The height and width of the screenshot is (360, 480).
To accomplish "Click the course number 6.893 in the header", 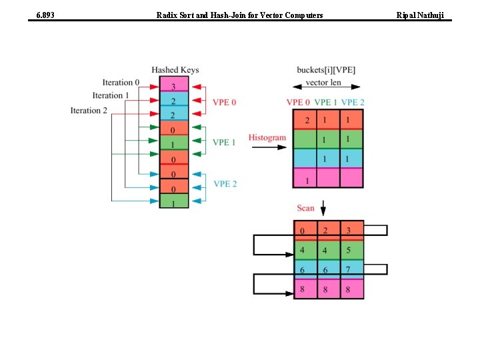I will [x=45, y=14].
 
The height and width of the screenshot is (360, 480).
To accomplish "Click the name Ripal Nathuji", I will [x=423, y=14].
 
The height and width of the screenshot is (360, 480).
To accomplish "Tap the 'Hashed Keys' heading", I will [x=175, y=70].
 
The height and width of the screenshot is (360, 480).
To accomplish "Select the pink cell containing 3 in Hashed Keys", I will [x=174, y=85].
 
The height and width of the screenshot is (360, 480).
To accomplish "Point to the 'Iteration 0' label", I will [x=121, y=83].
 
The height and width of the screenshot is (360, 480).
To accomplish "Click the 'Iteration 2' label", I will [x=89, y=110].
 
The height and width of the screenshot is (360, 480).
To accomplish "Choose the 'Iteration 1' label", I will [x=111, y=95].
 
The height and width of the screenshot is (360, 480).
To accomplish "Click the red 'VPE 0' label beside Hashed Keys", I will [x=224, y=102].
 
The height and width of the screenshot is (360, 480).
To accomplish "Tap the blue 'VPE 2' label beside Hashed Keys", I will [x=225, y=183].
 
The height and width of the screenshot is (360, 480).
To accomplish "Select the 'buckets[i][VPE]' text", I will [x=326, y=70].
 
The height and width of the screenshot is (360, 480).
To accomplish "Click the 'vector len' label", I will [x=323, y=83].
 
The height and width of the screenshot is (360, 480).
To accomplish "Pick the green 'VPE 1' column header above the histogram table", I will [x=325, y=102].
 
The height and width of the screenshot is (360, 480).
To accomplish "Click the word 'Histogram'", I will [x=267, y=138].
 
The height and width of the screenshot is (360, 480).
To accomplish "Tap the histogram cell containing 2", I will [x=307, y=121].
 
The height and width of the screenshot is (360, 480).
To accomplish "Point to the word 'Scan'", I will [x=305, y=209].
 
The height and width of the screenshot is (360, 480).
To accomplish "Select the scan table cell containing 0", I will [x=305, y=231].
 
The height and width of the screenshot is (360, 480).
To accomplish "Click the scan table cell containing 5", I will [x=349, y=251].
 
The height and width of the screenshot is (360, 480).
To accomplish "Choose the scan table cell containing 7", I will [x=349, y=269].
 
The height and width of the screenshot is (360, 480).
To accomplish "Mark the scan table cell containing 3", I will [x=349, y=231].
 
